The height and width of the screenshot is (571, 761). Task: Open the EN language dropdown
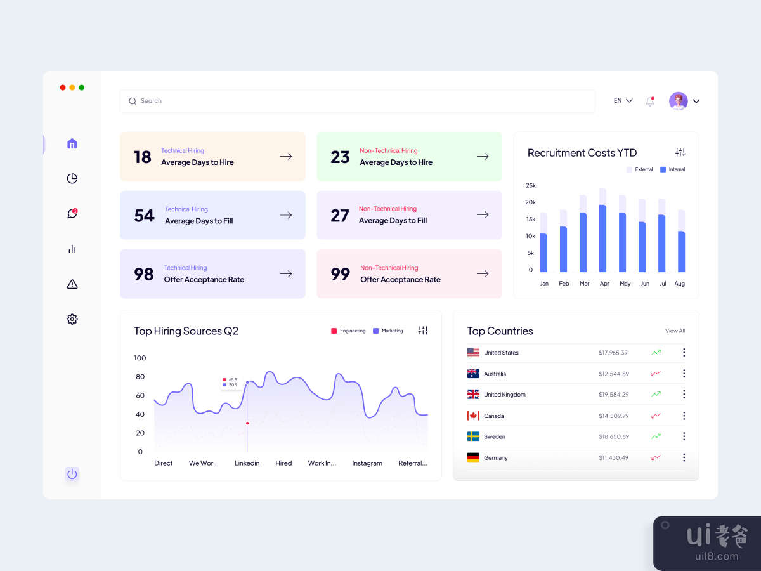[623, 101]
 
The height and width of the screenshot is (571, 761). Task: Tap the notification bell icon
[650, 101]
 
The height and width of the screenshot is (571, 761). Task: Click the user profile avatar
[678, 101]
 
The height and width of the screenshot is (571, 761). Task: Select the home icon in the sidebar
[72, 143]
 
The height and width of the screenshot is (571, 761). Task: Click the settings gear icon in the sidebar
[72, 319]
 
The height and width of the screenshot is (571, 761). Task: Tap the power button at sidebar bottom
[72, 474]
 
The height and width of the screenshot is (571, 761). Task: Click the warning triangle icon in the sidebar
[72, 284]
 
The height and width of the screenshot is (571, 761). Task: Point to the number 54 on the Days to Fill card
[144, 216]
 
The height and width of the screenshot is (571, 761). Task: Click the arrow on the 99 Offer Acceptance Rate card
[483, 273]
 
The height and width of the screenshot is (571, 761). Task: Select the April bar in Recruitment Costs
[602, 235]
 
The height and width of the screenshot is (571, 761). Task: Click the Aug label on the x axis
[680, 284]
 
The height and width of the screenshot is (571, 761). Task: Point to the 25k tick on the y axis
[531, 185]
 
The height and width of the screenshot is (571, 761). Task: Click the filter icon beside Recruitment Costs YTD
[680, 152]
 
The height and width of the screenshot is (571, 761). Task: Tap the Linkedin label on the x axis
[247, 463]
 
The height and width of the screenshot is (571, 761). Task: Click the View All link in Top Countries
[675, 331]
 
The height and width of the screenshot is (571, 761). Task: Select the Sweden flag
[473, 436]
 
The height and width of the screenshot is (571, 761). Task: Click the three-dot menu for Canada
[684, 416]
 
